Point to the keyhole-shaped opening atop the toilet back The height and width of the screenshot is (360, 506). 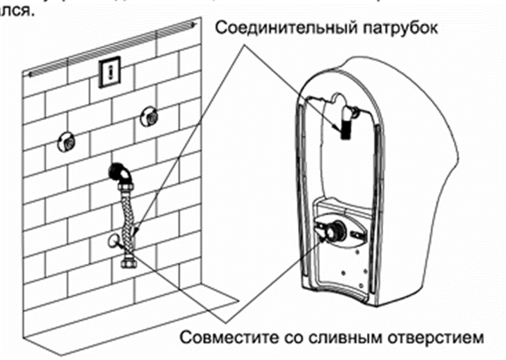(x=338, y=101)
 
